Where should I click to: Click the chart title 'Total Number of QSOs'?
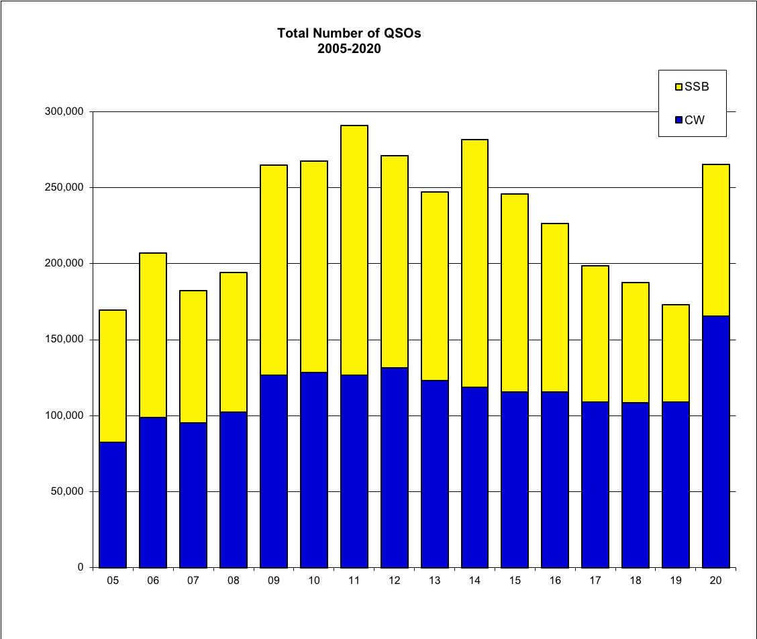pos(349,33)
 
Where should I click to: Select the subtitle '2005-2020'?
pos(349,48)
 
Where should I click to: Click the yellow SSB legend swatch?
pos(678,87)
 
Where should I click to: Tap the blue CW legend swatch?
pos(678,120)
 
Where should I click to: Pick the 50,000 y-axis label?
pos(67,491)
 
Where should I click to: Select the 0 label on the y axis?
pos(81,568)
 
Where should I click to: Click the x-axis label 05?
pos(113,581)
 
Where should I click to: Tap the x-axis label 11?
pos(354,581)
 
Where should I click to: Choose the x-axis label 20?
pos(715,581)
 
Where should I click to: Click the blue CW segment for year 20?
pos(715,442)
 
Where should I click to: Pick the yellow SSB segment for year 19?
pos(675,353)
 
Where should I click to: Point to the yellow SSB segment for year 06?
pos(153,335)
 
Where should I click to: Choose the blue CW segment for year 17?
pos(595,485)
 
